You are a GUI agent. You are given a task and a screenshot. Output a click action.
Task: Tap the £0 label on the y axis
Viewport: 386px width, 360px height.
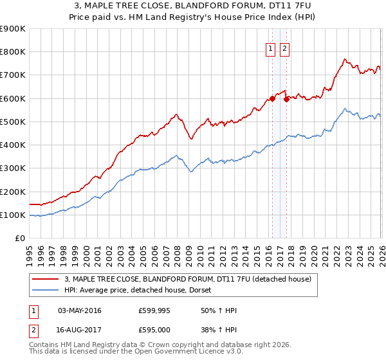pyautogui.click(x=19, y=239)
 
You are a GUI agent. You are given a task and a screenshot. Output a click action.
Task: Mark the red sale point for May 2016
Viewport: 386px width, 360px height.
pyautogui.click(x=272, y=98)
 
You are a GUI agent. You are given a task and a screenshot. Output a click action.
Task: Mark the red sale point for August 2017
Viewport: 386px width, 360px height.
pyautogui.click(x=287, y=99)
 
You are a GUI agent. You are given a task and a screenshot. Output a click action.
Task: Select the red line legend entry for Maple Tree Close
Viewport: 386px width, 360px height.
pyautogui.click(x=188, y=279)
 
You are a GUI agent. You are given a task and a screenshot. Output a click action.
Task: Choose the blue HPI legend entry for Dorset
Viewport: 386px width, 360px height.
pyautogui.click(x=142, y=290)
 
